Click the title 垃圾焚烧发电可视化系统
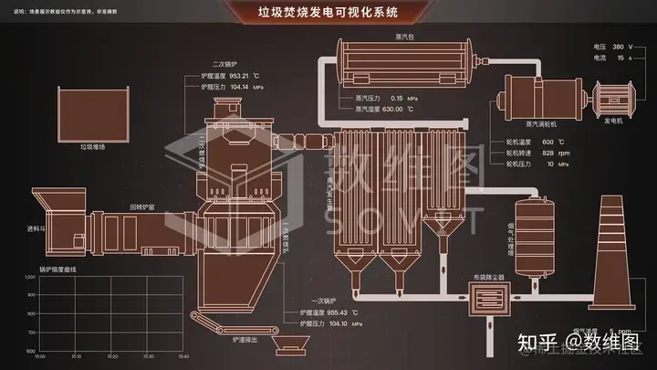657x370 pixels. tap(328, 13)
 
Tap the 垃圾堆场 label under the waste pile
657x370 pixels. tap(94, 145)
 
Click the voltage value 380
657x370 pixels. tap(618, 45)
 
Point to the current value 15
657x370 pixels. tap(620, 58)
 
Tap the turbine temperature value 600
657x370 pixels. tap(547, 142)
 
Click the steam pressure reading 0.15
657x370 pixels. tap(397, 98)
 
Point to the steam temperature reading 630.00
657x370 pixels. tap(393, 109)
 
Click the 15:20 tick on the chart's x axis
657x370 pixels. tap(110, 356)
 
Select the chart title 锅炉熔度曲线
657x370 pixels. tap(57, 270)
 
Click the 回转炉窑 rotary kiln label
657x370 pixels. tap(141, 207)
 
